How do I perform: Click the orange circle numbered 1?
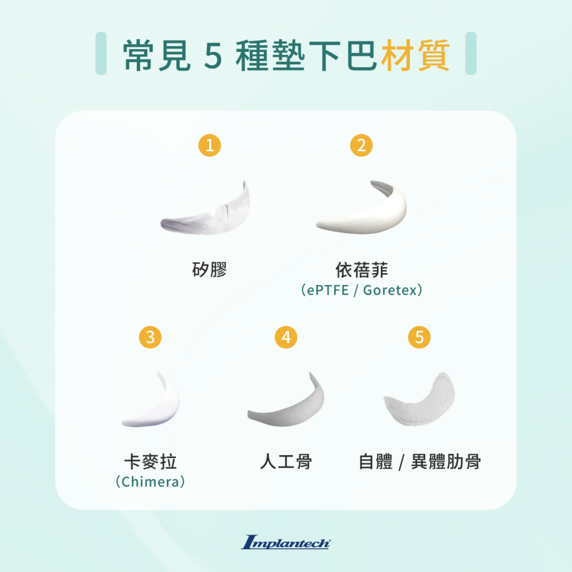point(210,146)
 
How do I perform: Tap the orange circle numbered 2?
point(361,146)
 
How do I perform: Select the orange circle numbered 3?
point(150,337)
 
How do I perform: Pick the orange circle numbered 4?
point(286,337)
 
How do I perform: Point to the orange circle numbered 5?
point(420,337)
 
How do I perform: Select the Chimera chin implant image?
point(152,401)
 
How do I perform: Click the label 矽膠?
point(209,270)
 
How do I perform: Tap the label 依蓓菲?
point(361,270)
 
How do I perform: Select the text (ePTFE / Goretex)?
point(361,290)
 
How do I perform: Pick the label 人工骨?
point(286,462)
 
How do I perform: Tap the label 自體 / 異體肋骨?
point(420,462)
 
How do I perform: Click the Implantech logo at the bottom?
point(286,542)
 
